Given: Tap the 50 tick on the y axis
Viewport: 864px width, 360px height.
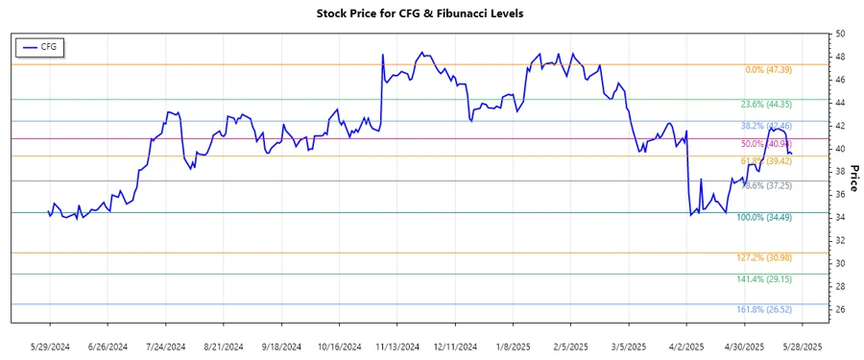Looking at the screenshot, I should click(x=840, y=34).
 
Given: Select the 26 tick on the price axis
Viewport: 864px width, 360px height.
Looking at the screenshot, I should click(x=840, y=309).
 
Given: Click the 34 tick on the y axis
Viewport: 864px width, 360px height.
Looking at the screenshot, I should click(x=840, y=217).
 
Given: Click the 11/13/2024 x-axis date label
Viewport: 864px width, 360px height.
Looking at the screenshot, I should click(x=396, y=346).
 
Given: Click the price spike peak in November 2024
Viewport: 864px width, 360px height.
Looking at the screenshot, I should click(x=382, y=54).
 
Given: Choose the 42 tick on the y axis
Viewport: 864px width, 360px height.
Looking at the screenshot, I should click(x=840, y=126).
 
